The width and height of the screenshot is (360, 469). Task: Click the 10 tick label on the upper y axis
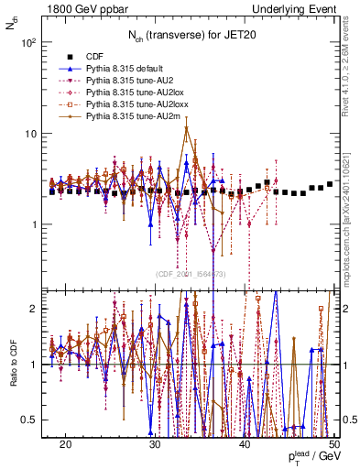pos(31,133)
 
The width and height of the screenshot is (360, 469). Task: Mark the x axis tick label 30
pos(155,444)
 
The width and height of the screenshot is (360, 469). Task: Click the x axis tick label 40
pos(245,444)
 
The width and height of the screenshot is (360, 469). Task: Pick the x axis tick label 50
pos(333,444)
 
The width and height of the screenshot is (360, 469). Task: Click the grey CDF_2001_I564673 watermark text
pos(191,274)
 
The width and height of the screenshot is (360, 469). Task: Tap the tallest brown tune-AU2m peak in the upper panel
pos(187,127)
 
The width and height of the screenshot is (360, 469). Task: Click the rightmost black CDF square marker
pos(330,184)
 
